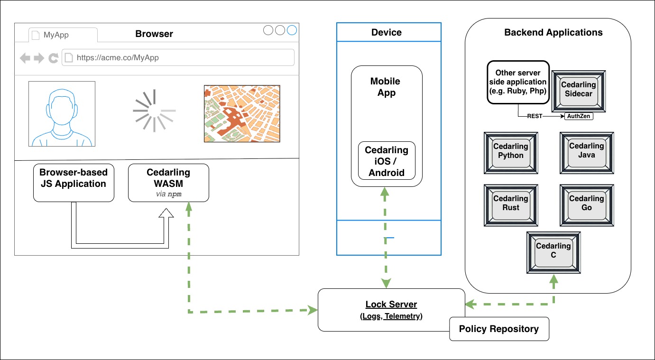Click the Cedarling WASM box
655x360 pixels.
pos(168,183)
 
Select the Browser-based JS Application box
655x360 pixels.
pos(74,183)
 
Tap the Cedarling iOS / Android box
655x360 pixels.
pos(387,161)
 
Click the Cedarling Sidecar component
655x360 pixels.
pos(578,89)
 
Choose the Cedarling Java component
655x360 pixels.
pos(586,151)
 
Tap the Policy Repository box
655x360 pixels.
pos(499,329)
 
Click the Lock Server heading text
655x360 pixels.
pos(391,305)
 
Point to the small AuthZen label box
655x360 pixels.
pos(579,116)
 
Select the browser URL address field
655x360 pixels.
pos(178,58)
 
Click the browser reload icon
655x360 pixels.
pos(53,58)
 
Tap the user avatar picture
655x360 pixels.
pos(62,114)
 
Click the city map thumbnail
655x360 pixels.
pos(242,114)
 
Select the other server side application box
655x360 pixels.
pos(518,82)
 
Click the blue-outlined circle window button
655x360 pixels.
pos(292,30)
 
